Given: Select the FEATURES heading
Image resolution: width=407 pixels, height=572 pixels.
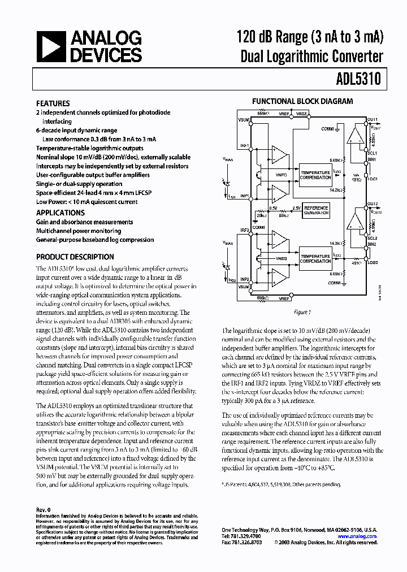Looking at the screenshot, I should (x=53, y=103).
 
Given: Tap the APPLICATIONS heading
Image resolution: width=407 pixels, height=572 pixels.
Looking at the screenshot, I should (x=60, y=213).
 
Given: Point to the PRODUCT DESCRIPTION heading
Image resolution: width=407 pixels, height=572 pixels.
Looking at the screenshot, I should (x=75, y=257).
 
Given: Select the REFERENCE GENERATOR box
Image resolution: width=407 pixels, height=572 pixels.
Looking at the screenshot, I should (x=317, y=210).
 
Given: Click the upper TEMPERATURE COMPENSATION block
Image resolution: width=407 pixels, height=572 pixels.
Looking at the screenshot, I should (x=315, y=175).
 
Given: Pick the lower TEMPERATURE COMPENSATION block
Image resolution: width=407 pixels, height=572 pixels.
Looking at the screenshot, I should (x=315, y=258).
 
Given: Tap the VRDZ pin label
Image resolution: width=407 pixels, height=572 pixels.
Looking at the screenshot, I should (x=302, y=114).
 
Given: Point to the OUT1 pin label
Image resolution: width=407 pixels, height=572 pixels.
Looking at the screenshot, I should (x=373, y=120).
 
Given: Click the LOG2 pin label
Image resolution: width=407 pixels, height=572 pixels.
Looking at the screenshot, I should (x=373, y=263).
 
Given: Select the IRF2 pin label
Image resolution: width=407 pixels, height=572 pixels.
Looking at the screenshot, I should (x=245, y=231).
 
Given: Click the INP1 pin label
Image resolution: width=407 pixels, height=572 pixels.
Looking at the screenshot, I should (x=245, y=196).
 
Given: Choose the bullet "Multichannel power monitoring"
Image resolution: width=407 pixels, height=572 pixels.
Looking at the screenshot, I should (x=79, y=231).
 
